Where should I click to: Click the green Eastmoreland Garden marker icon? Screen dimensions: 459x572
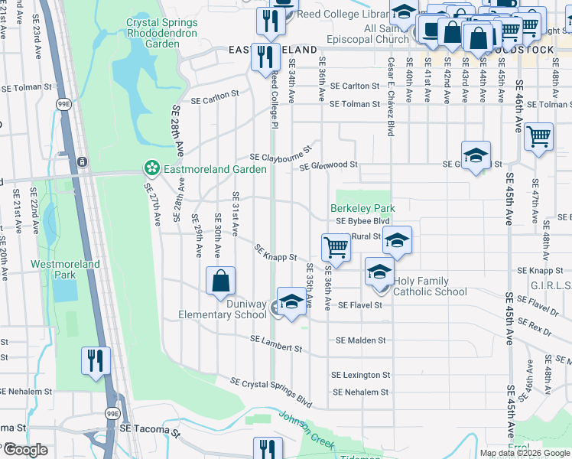pyautogui.click(x=151, y=167)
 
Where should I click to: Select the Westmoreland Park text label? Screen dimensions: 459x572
pyautogui.click(x=65, y=269)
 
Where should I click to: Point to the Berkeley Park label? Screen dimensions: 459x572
pyautogui.click(x=362, y=208)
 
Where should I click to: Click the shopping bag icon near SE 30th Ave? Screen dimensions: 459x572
pyautogui.click(x=220, y=280)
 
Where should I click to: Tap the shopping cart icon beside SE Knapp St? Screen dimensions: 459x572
pyautogui.click(x=336, y=248)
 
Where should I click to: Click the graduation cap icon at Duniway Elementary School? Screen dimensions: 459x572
pyautogui.click(x=291, y=303)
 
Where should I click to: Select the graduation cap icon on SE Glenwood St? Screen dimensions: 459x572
pyautogui.click(x=476, y=155)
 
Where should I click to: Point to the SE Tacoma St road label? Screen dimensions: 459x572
pyautogui.click(x=150, y=430)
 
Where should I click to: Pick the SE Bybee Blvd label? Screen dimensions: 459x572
pyautogui.click(x=364, y=220)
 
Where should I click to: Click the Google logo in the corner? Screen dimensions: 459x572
pyautogui.click(x=24, y=450)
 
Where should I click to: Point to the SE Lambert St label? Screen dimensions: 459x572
pyautogui.click(x=276, y=343)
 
